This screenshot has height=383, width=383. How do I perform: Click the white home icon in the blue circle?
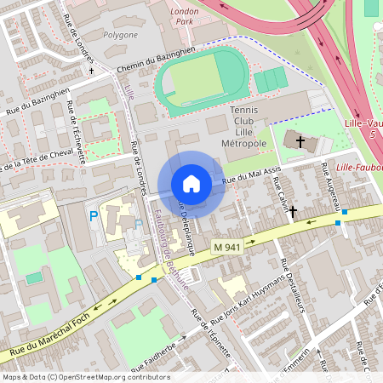[191, 184]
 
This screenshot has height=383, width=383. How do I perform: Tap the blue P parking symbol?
[94, 217]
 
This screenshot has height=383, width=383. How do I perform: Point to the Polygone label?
[120, 35]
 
